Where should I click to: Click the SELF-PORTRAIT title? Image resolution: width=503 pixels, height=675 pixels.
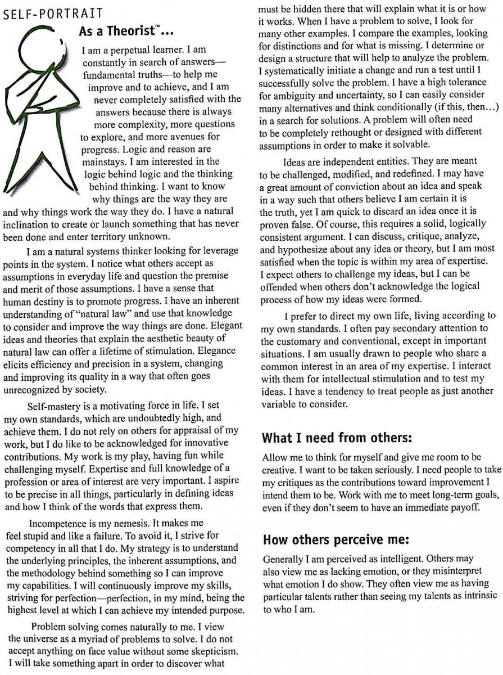click(x=53, y=14)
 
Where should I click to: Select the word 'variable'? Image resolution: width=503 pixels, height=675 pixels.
click(x=279, y=403)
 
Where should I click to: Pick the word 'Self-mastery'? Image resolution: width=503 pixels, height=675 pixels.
click(x=54, y=406)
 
